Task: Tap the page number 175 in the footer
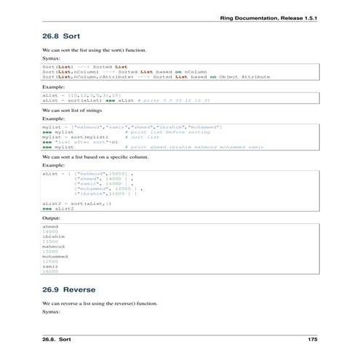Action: tap(313, 340)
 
